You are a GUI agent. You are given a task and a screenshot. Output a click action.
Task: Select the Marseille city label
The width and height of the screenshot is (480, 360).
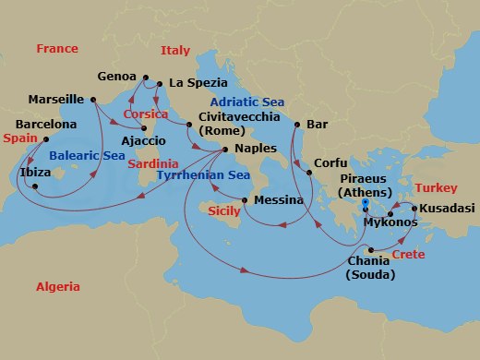coord(56,99)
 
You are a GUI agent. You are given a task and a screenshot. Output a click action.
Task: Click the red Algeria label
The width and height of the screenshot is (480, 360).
coord(57,287)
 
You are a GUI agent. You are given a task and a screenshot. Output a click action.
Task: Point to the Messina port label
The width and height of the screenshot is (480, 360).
coord(278,199)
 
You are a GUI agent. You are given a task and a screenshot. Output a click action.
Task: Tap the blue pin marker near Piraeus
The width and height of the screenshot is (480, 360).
coord(366,205)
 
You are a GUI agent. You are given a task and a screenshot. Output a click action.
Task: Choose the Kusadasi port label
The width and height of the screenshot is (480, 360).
coord(447,209)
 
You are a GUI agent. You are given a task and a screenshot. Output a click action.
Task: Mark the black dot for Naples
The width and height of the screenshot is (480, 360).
coord(225,149)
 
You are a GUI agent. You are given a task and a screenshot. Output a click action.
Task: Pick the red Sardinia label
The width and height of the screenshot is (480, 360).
coord(152,163)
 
